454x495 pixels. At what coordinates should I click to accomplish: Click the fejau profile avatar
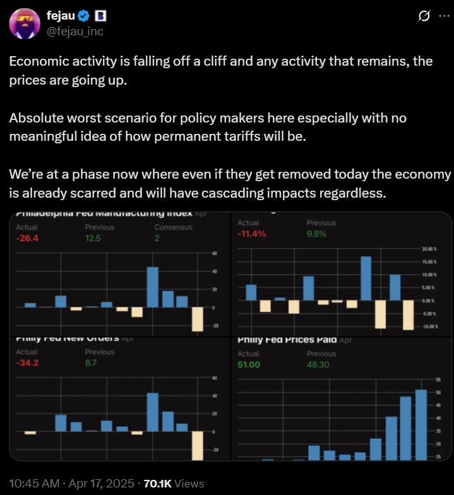25,24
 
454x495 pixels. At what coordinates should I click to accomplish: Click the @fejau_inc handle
75,31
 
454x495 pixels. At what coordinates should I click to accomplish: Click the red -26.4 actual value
27,238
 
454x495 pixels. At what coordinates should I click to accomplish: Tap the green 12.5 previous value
94,238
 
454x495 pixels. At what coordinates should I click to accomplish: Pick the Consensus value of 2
157,238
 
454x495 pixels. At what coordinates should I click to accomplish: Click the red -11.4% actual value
251,234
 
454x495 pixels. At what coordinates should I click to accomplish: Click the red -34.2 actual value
27,362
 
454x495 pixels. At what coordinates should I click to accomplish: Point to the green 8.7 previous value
92,362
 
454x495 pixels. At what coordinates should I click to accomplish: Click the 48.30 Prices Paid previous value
318,364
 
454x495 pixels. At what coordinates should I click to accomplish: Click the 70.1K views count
157,483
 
